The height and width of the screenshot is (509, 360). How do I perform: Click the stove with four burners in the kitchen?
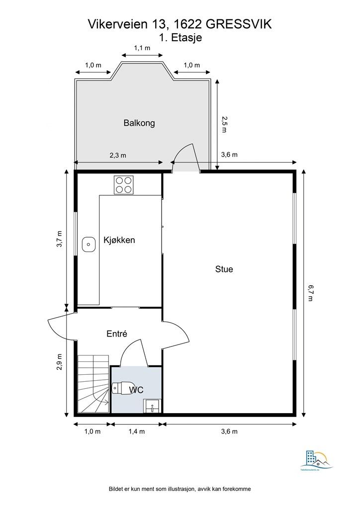tap(124, 185)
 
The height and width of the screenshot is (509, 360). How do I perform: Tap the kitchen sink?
tap(89, 244)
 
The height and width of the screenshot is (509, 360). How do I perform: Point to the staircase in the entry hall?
tap(93, 384)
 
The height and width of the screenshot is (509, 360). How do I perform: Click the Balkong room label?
tap(139, 123)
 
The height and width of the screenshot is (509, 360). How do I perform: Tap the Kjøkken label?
tap(119, 240)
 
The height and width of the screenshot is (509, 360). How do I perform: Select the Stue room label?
tap(224, 269)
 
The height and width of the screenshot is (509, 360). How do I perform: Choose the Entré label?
tap(117, 334)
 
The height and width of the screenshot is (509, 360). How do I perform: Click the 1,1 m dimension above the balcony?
tap(142, 48)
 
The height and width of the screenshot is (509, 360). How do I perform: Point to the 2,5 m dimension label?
tap(224, 124)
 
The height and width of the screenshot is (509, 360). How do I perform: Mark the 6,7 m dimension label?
tap(310, 293)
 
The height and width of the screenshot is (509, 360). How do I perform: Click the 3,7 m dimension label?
tap(60, 239)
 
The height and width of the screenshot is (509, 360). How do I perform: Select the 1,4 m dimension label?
tap(136, 431)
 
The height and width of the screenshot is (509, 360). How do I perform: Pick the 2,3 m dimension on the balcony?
tap(118, 155)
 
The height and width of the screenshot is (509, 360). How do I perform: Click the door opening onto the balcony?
tap(186, 157)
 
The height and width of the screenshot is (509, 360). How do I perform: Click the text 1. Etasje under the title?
tap(180, 37)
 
